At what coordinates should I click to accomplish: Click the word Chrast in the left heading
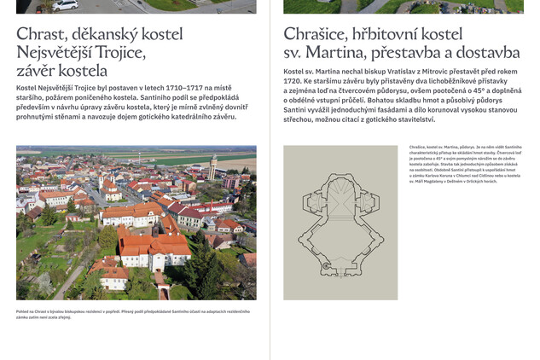coord(42,35)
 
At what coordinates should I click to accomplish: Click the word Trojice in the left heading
coord(122,54)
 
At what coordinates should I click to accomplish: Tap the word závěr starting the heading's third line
coord(36,72)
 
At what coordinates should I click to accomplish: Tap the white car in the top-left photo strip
coord(66,5)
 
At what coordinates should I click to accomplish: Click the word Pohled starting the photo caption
coord(23,311)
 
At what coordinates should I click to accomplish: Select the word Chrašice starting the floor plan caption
coord(417,148)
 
